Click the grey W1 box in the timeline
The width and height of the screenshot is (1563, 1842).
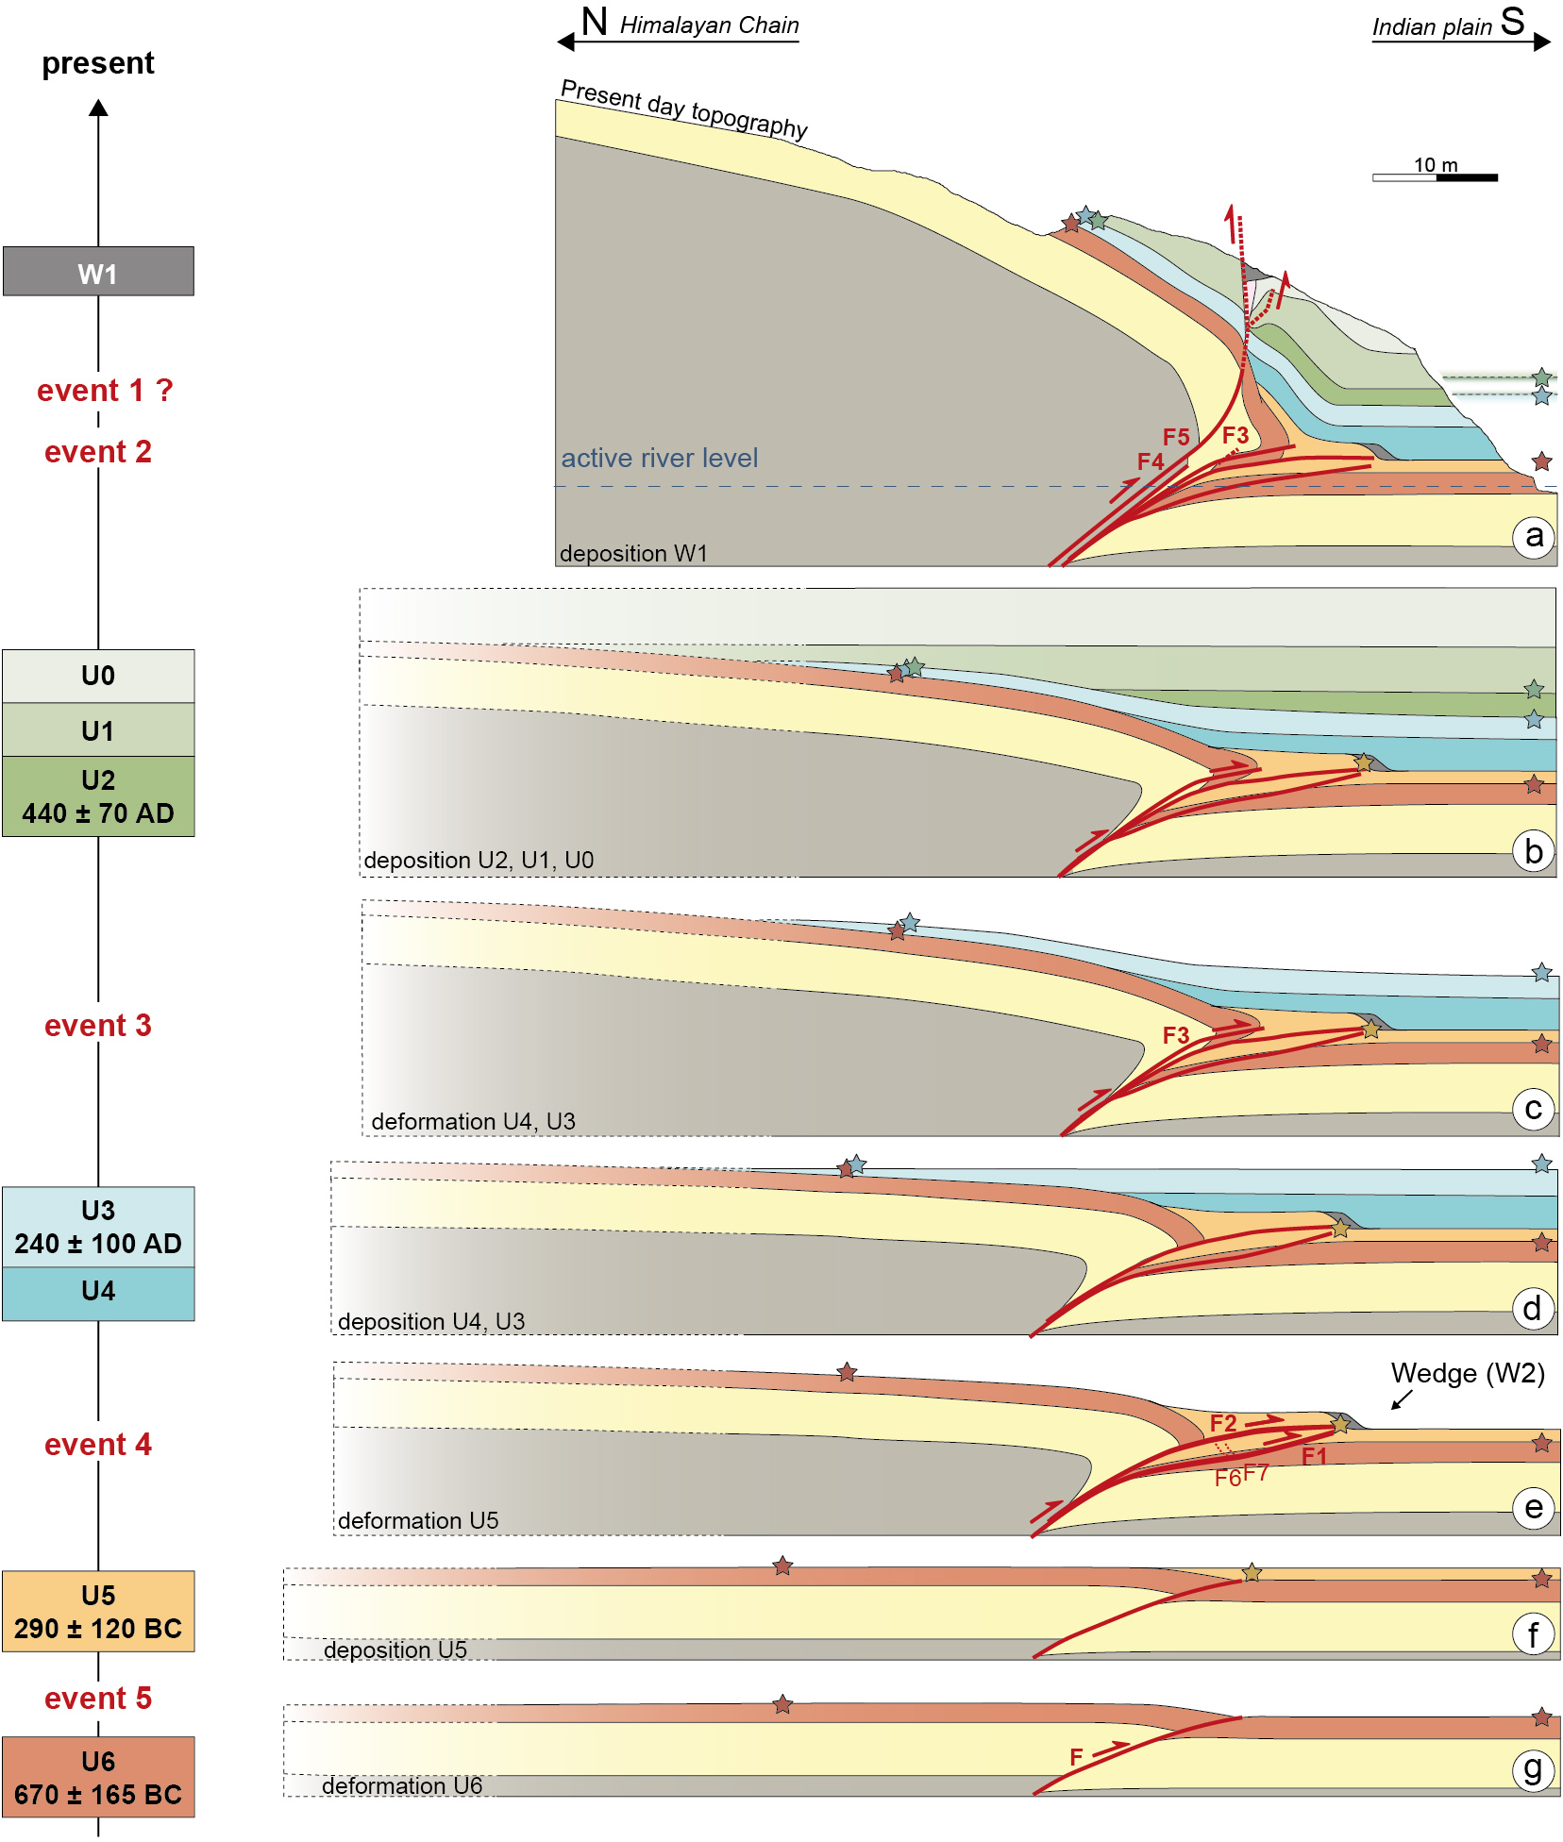[98, 272]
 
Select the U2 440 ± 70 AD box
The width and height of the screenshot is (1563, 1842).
[98, 796]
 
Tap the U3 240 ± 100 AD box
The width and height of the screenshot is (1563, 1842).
[98, 1227]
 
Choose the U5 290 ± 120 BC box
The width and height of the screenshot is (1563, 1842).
[98, 1612]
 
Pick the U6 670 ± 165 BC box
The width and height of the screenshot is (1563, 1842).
[98, 1778]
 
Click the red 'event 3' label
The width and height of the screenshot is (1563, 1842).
[98, 1026]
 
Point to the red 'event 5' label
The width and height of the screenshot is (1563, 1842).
[98, 1699]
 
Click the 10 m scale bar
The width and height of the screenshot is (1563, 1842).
[1435, 176]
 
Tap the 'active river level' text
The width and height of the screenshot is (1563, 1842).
[660, 459]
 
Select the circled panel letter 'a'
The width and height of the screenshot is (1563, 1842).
[1534, 537]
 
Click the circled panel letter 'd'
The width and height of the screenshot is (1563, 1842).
[1532, 1309]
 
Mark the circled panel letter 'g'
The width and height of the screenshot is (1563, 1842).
[1533, 1769]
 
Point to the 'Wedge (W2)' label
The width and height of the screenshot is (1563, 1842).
[1468, 1374]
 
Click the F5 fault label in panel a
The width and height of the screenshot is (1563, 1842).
[1176, 437]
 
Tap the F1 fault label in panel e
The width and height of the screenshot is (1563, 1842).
[1314, 1456]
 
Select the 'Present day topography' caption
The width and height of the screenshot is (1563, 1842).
[684, 109]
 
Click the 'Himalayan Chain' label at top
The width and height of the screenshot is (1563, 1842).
[709, 25]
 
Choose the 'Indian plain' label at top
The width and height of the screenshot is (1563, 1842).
[1432, 27]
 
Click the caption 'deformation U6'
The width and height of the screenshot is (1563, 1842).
[402, 1786]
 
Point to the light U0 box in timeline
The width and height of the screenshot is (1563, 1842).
[98, 676]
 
